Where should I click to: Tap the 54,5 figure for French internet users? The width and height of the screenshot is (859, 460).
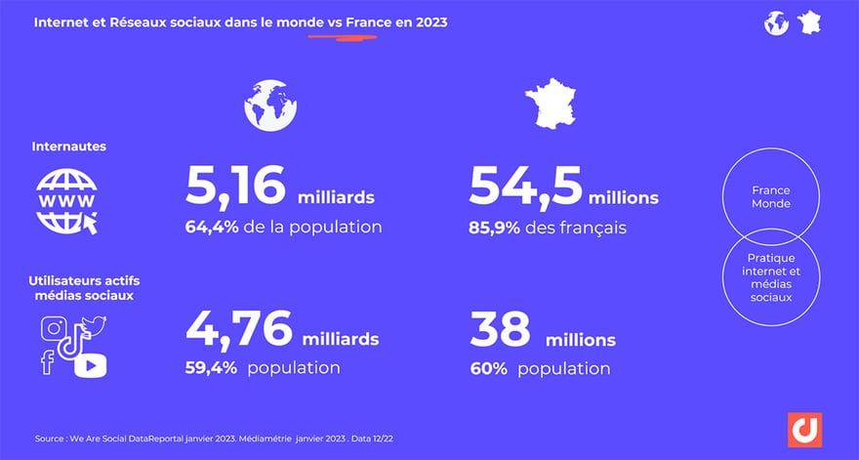[x=524, y=187]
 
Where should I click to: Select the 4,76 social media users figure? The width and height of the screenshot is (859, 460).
[x=237, y=329]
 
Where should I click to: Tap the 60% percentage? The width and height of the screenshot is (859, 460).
[x=488, y=368]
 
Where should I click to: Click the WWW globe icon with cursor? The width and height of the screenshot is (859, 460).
[x=66, y=200]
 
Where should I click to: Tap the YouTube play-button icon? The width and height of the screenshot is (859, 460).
[x=89, y=365]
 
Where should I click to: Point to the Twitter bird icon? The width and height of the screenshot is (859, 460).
[x=94, y=324]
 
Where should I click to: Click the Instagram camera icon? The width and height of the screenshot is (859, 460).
[x=54, y=329]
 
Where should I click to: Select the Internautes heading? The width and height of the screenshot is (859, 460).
[x=68, y=146]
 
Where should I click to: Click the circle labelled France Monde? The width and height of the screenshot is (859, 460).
[x=771, y=198]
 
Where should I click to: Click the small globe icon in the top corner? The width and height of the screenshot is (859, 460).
[x=776, y=22]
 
